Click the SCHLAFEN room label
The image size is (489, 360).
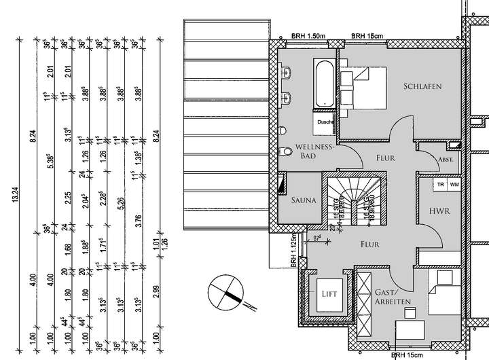coord(422,86)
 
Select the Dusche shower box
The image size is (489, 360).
coord(324,122)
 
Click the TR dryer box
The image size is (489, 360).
coord(440,184)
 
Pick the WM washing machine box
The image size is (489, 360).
coord(453,184)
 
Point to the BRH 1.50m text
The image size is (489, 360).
coord(307,35)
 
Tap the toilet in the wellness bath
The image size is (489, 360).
coord(284,151)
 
